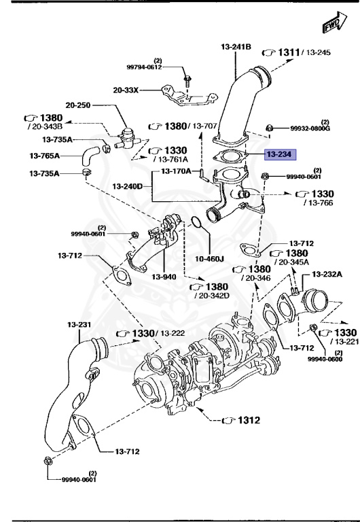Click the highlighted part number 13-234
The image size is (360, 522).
tap(278, 154)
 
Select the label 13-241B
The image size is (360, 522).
tap(236, 46)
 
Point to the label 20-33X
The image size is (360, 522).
tap(127, 89)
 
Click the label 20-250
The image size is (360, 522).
tap(78, 105)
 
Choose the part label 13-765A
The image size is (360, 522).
tap(45, 156)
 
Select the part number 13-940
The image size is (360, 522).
tap(164, 277)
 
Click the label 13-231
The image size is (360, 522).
tap(79, 326)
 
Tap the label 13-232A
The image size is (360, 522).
tap(327, 274)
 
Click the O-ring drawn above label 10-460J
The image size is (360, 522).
tap(194, 223)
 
